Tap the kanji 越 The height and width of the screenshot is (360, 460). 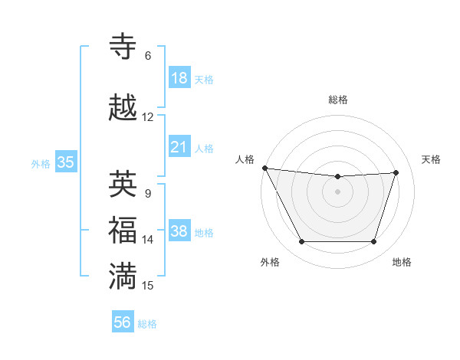(x=123, y=108)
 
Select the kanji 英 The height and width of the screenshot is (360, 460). (x=123, y=185)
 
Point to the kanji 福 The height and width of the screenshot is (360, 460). (x=123, y=231)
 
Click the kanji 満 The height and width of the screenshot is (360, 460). (x=123, y=277)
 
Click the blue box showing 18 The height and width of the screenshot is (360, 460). (x=179, y=78)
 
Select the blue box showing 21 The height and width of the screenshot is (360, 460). (x=179, y=147)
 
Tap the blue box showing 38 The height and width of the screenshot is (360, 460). (x=179, y=231)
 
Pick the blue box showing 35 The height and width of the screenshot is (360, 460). (x=65, y=162)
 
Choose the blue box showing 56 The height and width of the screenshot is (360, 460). (x=123, y=322)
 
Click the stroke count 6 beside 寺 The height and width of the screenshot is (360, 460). (x=148, y=56)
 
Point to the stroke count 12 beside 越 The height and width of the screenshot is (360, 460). (x=148, y=117)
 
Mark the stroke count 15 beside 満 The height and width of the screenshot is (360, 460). (x=148, y=286)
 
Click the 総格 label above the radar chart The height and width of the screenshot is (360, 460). (x=338, y=100)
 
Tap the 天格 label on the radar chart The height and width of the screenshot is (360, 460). (x=432, y=159)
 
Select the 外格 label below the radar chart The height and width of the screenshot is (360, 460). (x=270, y=262)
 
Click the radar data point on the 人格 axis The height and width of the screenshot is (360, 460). (x=264, y=168)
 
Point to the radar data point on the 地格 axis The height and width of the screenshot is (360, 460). (x=374, y=242)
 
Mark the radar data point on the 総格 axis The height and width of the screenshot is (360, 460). (x=337, y=177)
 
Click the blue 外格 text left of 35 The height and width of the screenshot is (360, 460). (x=41, y=163)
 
